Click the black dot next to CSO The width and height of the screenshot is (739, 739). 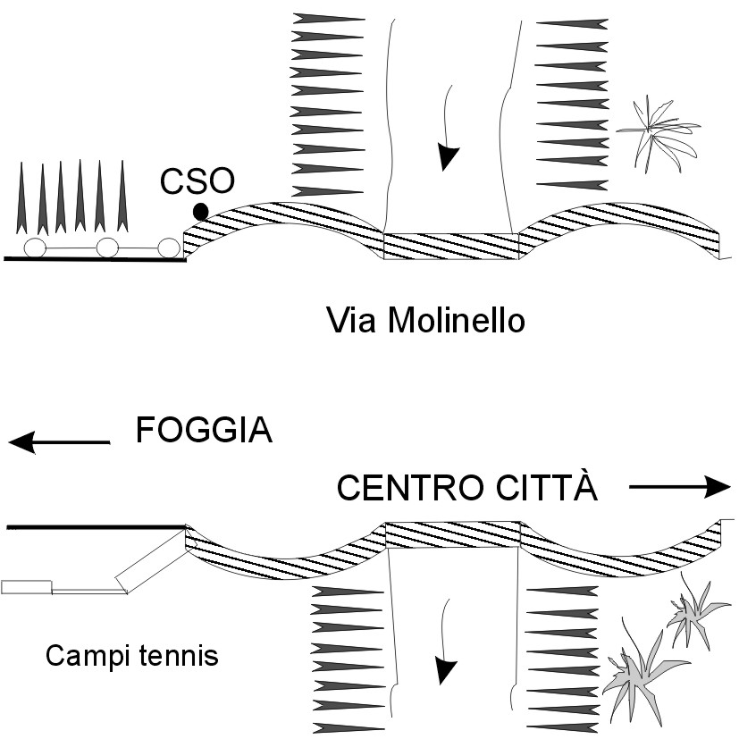200,211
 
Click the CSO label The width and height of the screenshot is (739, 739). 197,182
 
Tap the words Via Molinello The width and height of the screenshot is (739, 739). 424,319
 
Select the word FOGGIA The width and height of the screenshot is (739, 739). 204,432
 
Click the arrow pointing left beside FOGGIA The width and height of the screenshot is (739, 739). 58,441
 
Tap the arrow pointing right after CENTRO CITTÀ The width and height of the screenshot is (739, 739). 679,487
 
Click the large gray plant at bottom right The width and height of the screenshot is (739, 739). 641,672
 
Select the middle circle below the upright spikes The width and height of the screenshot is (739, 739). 108,248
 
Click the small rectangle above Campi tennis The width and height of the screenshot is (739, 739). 26,587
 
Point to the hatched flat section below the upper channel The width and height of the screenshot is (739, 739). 451,246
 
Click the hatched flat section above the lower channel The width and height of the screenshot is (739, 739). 452,535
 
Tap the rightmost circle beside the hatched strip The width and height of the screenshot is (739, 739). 168,248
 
